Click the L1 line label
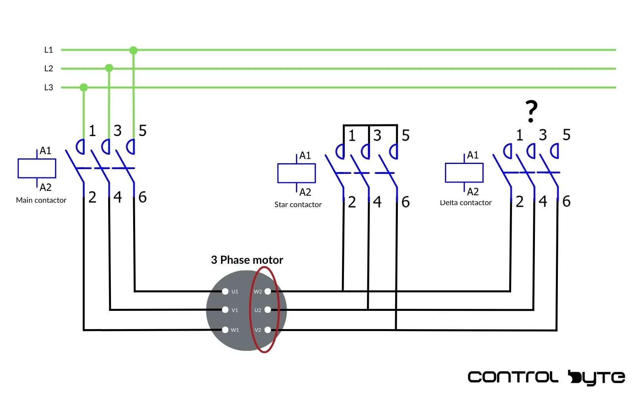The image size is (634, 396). pyautogui.click(x=48, y=50)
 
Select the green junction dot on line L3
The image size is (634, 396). pyautogui.click(x=84, y=87)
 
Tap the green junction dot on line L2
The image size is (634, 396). pyautogui.click(x=109, y=68)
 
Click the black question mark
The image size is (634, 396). pyautogui.click(x=531, y=111)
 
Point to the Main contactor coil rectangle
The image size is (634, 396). pyautogui.click(x=37, y=168)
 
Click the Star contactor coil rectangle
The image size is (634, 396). pyautogui.click(x=296, y=173)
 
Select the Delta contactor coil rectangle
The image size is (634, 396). pyautogui.click(x=464, y=173)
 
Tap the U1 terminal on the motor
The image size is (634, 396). pyautogui.click(x=225, y=291)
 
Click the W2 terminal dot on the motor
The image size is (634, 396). pyautogui.click(x=268, y=291)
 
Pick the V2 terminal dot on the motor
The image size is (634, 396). pyautogui.click(x=268, y=329)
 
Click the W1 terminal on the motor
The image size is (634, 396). pyautogui.click(x=225, y=329)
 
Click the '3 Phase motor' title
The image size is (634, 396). pyautogui.click(x=247, y=260)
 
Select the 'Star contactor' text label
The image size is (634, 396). pyautogui.click(x=298, y=205)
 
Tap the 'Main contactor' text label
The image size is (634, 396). pyautogui.click(x=41, y=200)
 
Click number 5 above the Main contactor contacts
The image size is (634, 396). pyautogui.click(x=143, y=131)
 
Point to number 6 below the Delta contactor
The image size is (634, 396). pyautogui.click(x=567, y=202)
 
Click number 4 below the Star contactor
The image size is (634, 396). pyautogui.click(x=377, y=202)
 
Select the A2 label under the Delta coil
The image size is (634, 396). pyautogui.click(x=473, y=192)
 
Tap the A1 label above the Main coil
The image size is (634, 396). pyautogui.click(x=46, y=151)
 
